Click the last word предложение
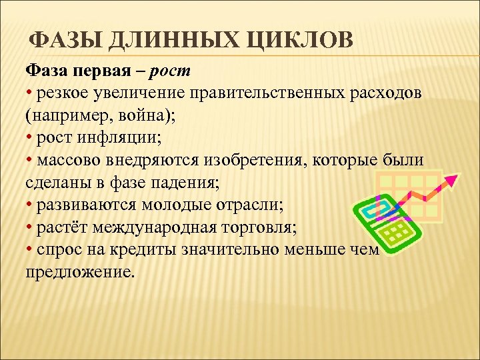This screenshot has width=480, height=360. click(79, 273)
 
